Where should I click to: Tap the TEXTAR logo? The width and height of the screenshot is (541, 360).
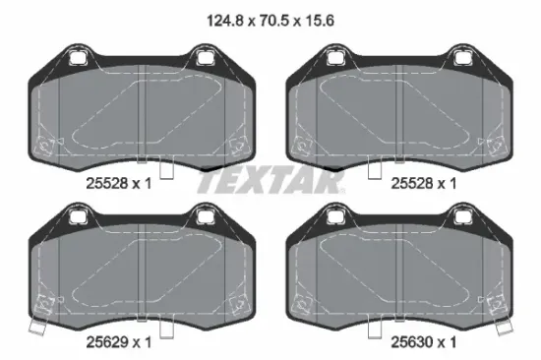point(270,182)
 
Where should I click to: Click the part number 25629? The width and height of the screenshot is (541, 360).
point(107,342)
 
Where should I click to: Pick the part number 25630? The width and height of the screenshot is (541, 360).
point(412,342)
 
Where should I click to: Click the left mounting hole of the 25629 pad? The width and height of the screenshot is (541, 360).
point(77,216)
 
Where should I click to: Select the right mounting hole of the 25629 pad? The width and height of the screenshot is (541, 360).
point(205,216)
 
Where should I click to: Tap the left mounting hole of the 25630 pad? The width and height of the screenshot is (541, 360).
point(334,216)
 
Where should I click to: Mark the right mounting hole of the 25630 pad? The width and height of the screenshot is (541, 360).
point(461,216)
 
